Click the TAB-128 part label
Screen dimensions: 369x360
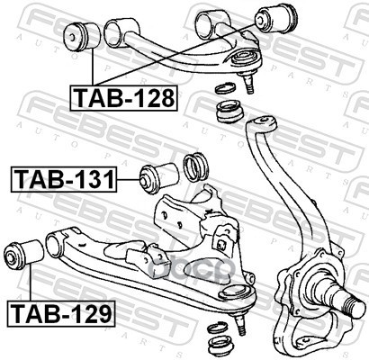pos(123,98)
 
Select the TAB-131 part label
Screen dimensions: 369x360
pos(64,179)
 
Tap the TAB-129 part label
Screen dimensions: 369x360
pos(61,313)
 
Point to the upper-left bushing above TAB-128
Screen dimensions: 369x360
pos(81,36)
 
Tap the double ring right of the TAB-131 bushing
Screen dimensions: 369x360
pos(195,166)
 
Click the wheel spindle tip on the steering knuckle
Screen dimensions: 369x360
pos(355,306)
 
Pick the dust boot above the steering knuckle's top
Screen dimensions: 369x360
pos(230,112)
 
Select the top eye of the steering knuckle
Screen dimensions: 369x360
pos(262,123)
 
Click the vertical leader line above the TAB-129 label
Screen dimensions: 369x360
pos(31,281)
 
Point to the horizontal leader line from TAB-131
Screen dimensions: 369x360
pos(129,179)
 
